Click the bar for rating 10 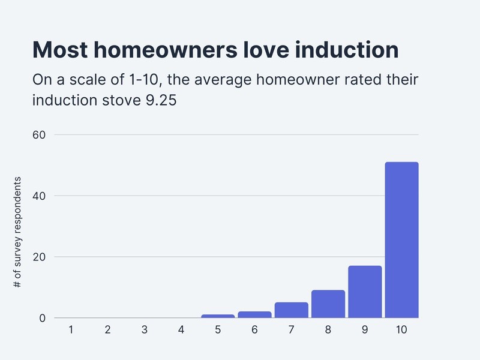pos(401,240)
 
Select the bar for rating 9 pos(365,292)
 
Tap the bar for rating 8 pos(328,304)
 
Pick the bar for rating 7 pos(292,310)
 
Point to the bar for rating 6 pos(254,314)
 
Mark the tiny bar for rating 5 pos(218,316)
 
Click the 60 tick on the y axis pos(38,134)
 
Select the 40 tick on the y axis pos(38,196)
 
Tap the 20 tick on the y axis pos(38,257)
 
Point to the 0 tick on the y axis pos(43,318)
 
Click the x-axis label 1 pos(71,329)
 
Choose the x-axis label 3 pos(144,329)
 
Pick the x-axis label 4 pos(181,329)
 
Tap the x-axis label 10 pos(401,329)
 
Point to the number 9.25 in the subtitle pos(161,100)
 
